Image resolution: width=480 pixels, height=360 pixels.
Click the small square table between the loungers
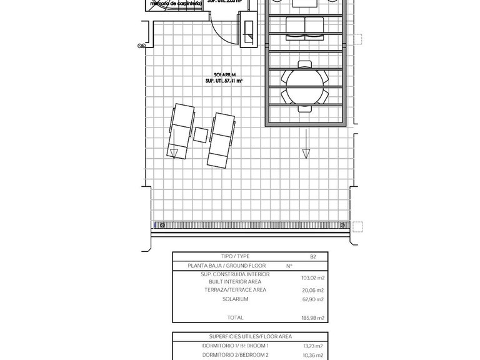(x=201, y=134)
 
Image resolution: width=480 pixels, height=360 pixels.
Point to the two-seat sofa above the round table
(x=304, y=26)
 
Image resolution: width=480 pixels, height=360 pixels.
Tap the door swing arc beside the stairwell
(x=222, y=28)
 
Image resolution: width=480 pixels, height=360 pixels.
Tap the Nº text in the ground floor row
(x=289, y=266)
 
